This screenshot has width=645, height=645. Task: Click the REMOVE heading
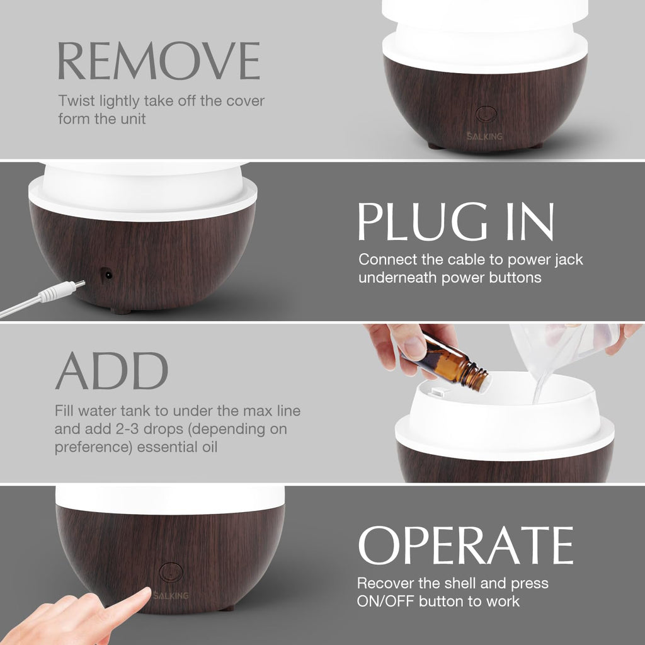tap(158, 61)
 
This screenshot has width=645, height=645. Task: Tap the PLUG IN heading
tap(455, 221)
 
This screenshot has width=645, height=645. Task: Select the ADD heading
tap(111, 371)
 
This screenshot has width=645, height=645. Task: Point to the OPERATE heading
tap(465, 545)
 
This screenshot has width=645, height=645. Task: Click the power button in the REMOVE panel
tap(486, 114)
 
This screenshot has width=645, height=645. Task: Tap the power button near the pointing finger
tap(171, 572)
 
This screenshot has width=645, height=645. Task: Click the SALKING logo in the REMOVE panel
tap(486, 135)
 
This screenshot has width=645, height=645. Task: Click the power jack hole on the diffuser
tap(107, 275)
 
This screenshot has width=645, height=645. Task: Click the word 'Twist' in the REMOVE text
tap(75, 101)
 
